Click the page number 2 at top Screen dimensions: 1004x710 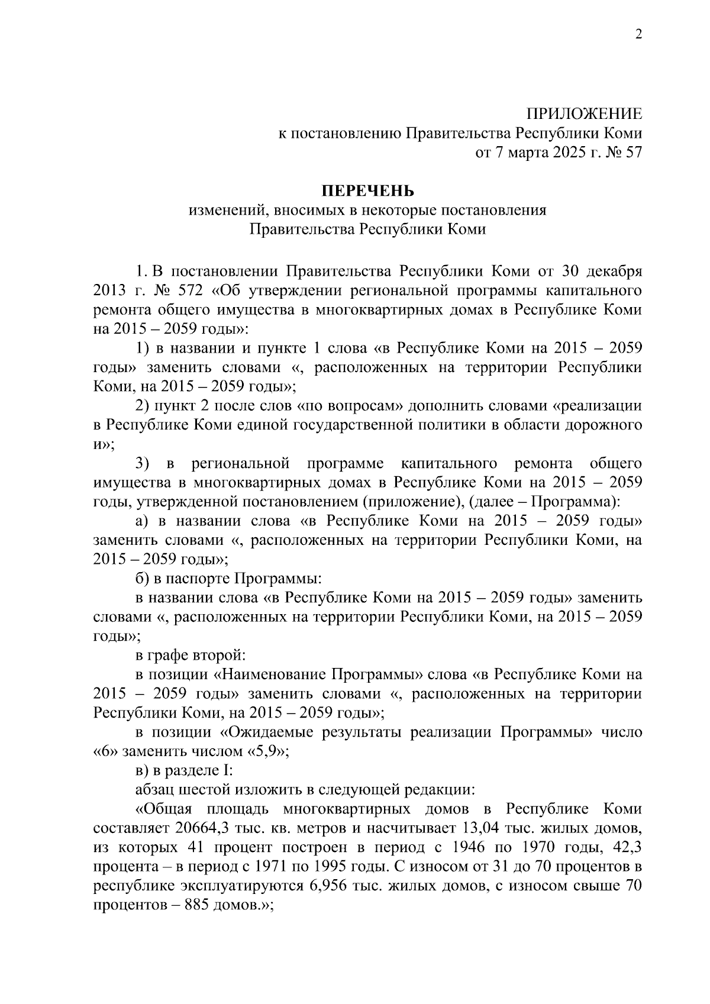638,34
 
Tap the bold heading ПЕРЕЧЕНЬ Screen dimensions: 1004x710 368,191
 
